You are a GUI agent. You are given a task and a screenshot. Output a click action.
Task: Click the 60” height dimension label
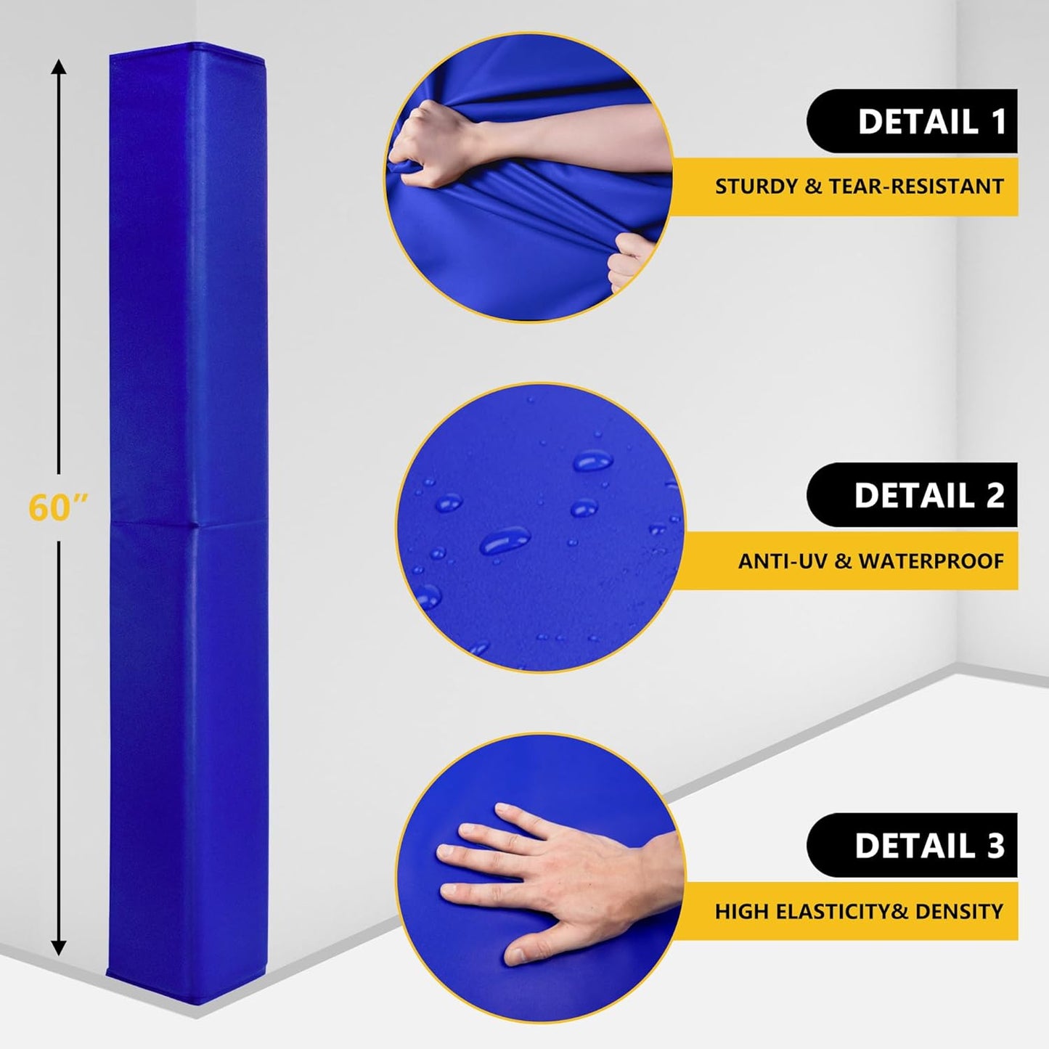point(58,507)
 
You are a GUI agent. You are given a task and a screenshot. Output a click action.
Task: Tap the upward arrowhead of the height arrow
point(59,68)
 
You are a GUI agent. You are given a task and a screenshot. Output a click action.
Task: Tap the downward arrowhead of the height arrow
point(59,947)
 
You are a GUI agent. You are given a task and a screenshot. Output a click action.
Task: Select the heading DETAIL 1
point(931,122)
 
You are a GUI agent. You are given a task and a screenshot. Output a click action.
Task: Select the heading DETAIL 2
point(929,495)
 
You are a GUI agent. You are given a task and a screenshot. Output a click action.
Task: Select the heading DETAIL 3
point(929,846)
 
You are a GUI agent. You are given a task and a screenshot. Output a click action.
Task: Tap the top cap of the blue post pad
point(187,49)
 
